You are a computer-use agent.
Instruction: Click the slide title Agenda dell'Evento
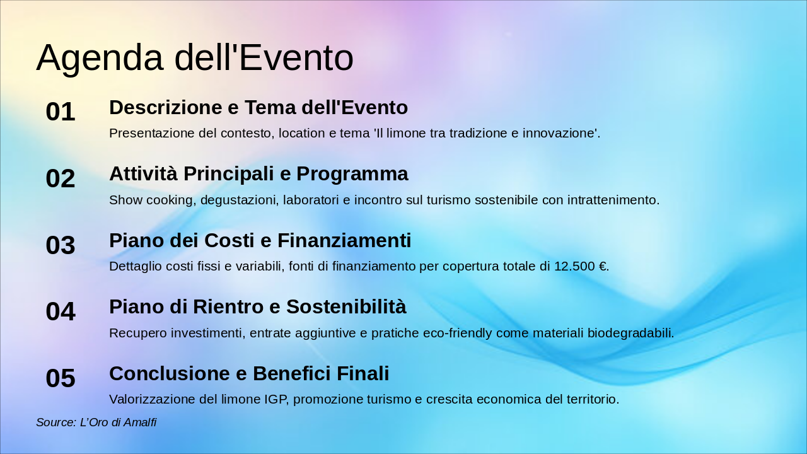click(194, 58)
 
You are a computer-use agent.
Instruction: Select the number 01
click(61, 112)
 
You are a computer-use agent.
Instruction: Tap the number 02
click(61, 178)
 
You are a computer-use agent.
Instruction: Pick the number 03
click(61, 245)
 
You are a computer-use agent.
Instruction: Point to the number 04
click(61, 311)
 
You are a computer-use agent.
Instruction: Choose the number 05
click(61, 378)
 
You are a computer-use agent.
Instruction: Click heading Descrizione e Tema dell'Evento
click(258, 108)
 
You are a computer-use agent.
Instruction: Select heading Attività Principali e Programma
click(258, 174)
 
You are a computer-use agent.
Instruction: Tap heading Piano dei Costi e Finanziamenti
click(260, 241)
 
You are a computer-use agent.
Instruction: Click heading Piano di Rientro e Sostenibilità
click(257, 307)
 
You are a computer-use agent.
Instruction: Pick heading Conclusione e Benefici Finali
click(249, 374)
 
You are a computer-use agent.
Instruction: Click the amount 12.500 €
click(581, 267)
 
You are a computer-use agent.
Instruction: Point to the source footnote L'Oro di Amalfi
click(96, 422)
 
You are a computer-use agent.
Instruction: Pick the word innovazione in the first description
click(560, 134)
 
